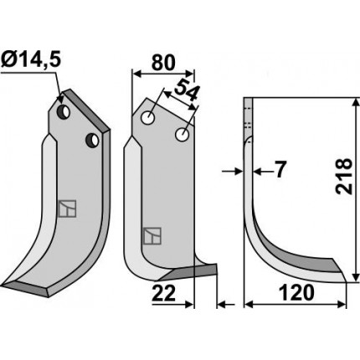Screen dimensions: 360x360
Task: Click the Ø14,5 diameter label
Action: point(30,59)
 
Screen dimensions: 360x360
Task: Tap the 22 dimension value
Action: point(164,293)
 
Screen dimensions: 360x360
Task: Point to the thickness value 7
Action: point(280,170)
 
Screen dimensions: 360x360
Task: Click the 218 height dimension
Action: point(343,176)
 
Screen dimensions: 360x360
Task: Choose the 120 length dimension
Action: point(296,293)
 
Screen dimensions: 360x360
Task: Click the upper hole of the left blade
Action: point(64,111)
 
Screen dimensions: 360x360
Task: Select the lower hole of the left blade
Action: point(92,141)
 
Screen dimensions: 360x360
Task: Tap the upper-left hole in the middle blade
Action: point(148,118)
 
